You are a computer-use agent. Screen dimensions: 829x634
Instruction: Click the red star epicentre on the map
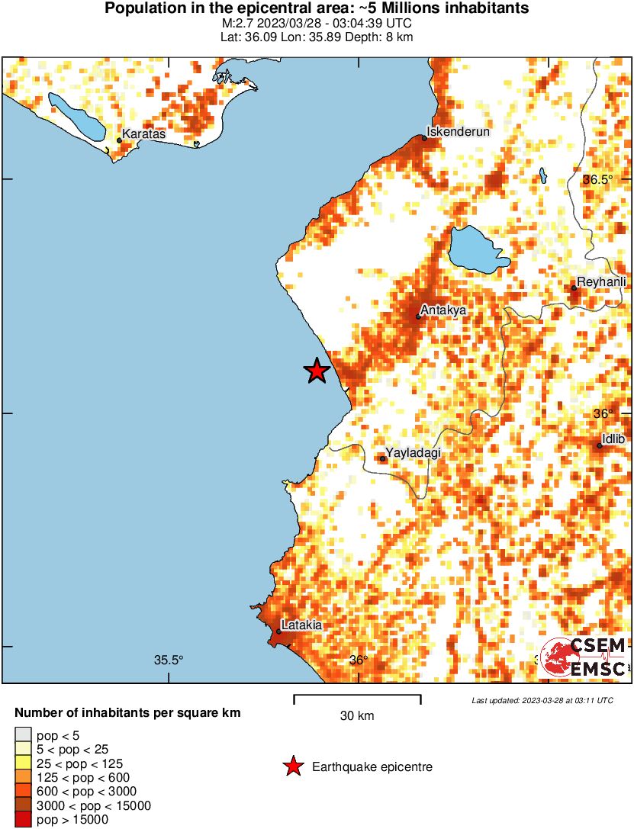coord(317,371)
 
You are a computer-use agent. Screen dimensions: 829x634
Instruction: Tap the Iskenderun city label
coord(457,131)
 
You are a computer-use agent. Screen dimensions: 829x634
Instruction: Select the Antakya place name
coord(443,310)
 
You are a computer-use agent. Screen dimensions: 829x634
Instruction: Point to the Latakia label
coord(301,625)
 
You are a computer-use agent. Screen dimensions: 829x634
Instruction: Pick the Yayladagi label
coord(414,453)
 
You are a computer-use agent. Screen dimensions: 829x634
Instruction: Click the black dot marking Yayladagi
coord(383,458)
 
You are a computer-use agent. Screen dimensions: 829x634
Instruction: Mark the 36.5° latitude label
coord(598,180)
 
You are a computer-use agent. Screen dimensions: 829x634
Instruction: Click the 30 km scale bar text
coord(357,715)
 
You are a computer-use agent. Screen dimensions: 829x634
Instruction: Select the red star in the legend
coord(292,767)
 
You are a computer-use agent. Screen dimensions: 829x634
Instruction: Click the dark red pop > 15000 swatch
coord(23,820)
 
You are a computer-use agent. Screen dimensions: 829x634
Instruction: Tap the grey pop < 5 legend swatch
coord(23,735)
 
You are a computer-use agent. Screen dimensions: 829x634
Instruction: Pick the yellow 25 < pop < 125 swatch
coord(23,763)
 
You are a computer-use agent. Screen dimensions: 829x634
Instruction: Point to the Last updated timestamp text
coord(542,700)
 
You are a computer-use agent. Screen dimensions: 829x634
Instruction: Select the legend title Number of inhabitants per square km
coord(127,713)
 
